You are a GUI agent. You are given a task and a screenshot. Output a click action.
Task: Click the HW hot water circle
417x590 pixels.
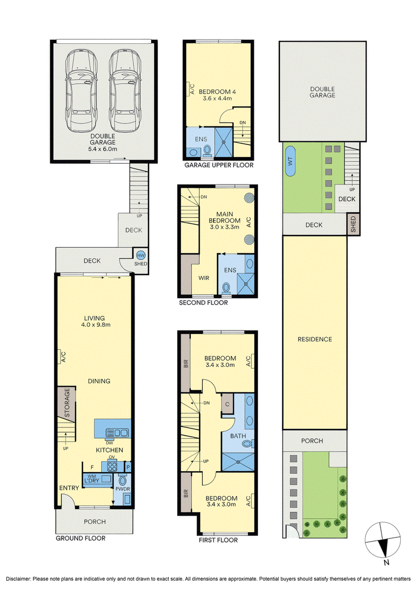[141, 255]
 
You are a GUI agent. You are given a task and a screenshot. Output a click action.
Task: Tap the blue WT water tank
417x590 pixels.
[290, 161]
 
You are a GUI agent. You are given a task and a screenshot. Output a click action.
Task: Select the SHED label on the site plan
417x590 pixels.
[353, 224]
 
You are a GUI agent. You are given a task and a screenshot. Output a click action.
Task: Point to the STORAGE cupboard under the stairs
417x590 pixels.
[67, 403]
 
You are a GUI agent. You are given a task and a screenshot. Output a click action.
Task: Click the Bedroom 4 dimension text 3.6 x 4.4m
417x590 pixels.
[217, 99]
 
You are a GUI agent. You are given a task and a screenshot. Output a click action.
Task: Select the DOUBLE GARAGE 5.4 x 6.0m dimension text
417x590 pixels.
[103, 149]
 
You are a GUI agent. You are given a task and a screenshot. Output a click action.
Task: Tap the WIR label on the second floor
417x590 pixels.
[204, 278]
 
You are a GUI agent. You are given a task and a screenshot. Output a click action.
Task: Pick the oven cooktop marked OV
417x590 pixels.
[112, 466]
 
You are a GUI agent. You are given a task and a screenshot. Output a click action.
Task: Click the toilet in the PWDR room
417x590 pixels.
[122, 481]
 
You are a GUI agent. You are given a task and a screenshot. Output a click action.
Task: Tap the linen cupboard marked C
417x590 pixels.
[227, 404]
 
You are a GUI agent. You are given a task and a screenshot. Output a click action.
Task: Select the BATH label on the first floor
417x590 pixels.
[238, 436]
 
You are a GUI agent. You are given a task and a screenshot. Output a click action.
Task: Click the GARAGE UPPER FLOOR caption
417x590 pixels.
[218, 165]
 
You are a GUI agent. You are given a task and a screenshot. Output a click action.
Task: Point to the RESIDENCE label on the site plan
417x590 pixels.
[315, 339]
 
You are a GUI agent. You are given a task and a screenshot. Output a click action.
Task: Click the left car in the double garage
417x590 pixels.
[81, 91]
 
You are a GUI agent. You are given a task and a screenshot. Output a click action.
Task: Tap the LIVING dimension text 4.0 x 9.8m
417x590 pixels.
[95, 325]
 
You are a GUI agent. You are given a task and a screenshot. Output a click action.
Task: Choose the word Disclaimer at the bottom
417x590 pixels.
[18, 579]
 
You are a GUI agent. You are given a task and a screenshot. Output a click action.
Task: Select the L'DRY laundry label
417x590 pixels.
[91, 481]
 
